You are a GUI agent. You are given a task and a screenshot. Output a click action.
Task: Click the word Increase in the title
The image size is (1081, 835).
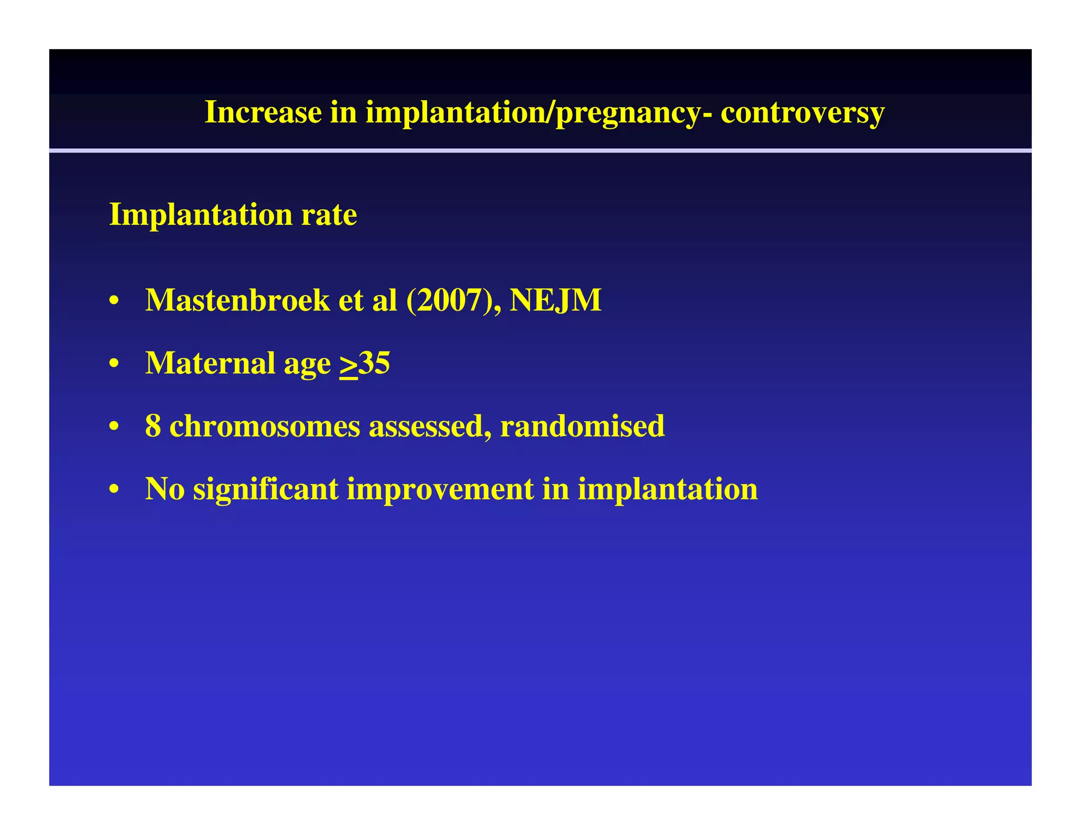point(263,112)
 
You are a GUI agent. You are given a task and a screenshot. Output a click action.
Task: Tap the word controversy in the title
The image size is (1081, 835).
point(802,112)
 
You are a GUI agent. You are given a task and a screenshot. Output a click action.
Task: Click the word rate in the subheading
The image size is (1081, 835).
point(329,215)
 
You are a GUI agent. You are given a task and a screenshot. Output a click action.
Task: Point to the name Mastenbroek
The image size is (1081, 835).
point(237,300)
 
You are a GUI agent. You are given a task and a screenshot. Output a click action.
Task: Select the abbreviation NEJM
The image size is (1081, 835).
point(555,300)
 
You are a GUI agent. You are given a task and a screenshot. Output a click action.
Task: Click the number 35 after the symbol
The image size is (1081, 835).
point(374,363)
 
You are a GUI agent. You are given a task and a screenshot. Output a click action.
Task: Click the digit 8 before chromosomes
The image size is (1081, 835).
point(153,426)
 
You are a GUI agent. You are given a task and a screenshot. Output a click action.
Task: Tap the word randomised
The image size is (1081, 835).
point(582,426)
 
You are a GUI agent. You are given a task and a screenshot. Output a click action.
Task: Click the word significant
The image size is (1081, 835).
point(265,489)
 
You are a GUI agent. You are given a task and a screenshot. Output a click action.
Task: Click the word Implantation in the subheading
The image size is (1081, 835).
point(200,215)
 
